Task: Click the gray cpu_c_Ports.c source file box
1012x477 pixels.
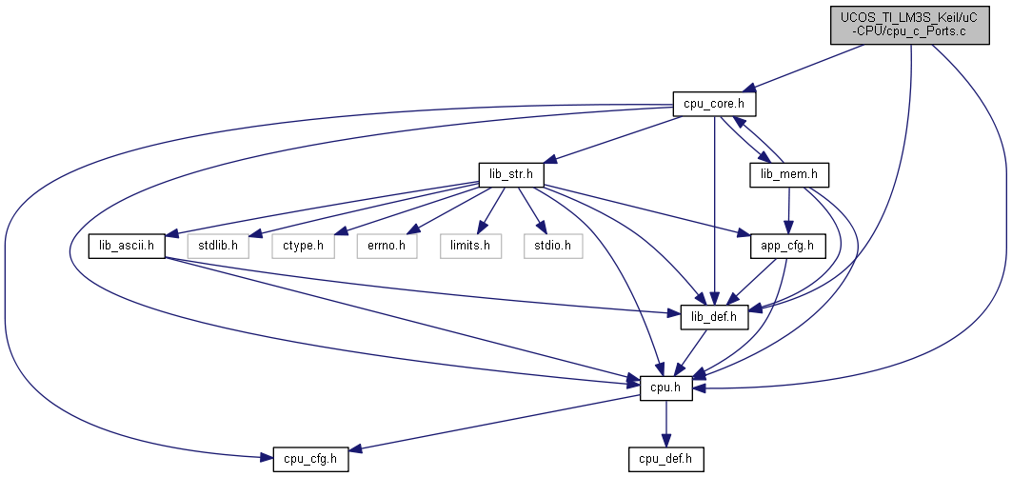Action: click(909, 26)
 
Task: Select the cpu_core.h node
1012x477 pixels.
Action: click(714, 104)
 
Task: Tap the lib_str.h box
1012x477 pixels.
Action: click(511, 175)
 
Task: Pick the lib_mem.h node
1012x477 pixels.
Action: click(788, 175)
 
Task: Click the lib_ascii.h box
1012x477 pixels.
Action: click(127, 246)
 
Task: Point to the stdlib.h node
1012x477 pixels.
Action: click(218, 246)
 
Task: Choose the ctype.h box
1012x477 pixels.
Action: click(303, 246)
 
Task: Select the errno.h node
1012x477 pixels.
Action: click(387, 246)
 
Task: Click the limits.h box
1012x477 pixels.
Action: click(470, 246)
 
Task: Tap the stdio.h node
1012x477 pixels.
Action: click(553, 246)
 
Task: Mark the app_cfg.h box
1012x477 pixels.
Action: click(788, 246)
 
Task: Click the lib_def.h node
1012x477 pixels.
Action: click(714, 317)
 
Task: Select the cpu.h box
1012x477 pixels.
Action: click(666, 388)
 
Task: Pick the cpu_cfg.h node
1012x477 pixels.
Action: click(310, 459)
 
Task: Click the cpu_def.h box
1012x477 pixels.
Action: click(666, 459)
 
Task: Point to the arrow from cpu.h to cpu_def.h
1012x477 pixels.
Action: click(666, 424)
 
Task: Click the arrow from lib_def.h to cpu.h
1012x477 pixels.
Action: click(690, 352)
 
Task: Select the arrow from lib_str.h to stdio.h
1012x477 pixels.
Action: click(530, 210)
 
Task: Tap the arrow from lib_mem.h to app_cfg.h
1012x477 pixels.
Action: click(788, 210)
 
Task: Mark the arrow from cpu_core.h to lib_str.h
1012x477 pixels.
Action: click(613, 139)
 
